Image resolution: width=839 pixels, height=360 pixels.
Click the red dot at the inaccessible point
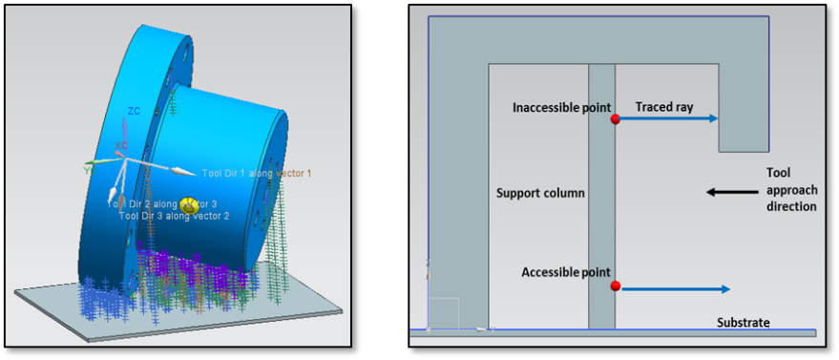[x=616, y=119]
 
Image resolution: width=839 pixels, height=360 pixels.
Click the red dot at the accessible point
[x=616, y=286]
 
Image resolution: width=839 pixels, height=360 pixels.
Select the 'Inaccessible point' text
[x=560, y=107]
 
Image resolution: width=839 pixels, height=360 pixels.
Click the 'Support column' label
[x=540, y=193]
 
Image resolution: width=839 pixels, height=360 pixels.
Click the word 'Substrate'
[x=743, y=323]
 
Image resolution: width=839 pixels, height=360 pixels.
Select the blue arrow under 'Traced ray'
[x=668, y=119]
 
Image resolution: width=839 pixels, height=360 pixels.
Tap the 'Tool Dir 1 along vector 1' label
[x=256, y=173]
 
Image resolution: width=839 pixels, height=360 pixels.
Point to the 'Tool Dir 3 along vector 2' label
[x=174, y=217]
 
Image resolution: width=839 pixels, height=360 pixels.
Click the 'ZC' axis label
[x=135, y=112]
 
